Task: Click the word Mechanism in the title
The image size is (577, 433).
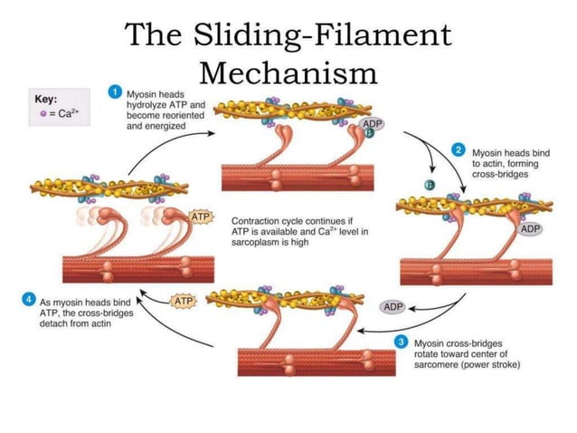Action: click(288, 71)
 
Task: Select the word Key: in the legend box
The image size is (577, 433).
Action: click(46, 99)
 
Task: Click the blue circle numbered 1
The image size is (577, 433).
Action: click(116, 92)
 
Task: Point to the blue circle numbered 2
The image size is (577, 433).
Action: click(459, 149)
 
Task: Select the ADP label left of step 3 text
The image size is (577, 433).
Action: click(393, 307)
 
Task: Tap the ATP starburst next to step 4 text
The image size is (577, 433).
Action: click(184, 300)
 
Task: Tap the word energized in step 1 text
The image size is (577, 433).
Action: click(167, 126)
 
